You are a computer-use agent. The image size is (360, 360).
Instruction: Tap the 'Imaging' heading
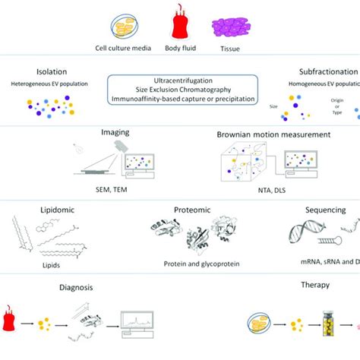tap(115, 131)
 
